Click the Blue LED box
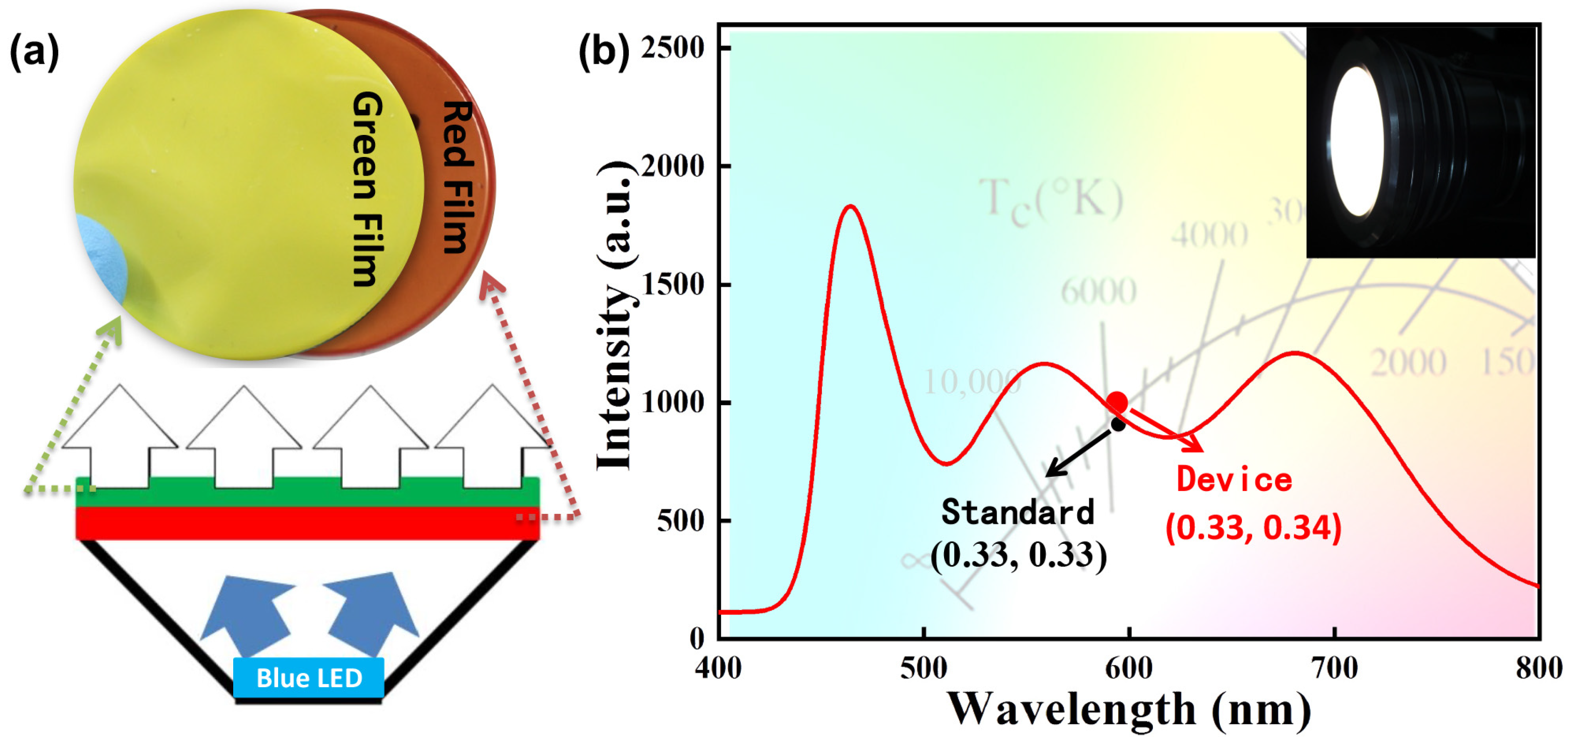click(x=308, y=678)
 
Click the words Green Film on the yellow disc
click(x=368, y=189)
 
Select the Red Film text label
click(x=457, y=177)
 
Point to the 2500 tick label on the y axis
click(x=672, y=48)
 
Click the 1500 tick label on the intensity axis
click(x=672, y=284)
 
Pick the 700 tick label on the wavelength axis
click(x=1335, y=669)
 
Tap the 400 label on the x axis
click(x=718, y=669)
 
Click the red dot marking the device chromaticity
click(x=1117, y=402)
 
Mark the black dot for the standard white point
click(x=1118, y=424)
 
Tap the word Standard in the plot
click(x=1017, y=512)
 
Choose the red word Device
click(x=1234, y=480)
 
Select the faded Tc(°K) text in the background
click(x=1051, y=200)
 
